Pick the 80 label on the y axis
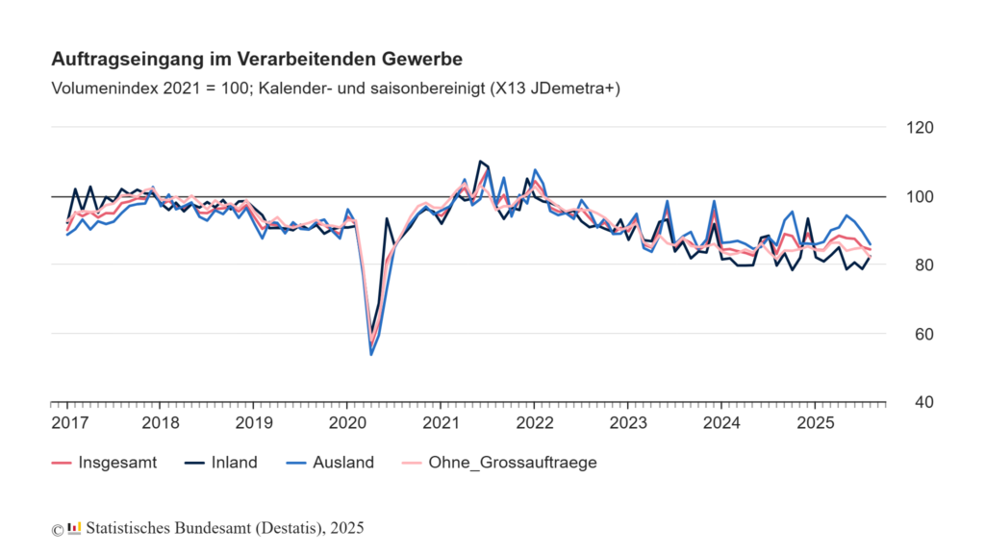917,265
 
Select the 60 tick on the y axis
917,335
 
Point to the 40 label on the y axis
917,403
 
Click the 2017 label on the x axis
67,422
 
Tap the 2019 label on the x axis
254,422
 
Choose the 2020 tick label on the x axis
347,422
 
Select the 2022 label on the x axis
534,422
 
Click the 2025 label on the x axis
814,422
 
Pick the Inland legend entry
221,463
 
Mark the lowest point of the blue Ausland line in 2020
371,355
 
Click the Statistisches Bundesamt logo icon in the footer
74,528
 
